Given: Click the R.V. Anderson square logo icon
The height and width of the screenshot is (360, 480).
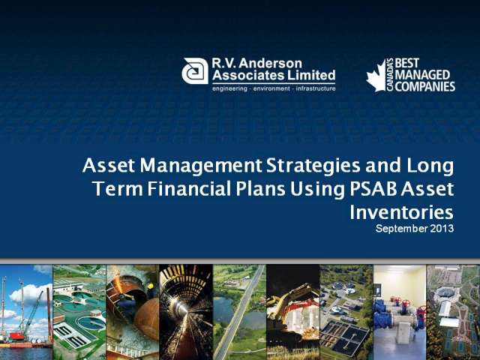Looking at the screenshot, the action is [195, 71].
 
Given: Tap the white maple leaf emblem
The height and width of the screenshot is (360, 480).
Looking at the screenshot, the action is [376, 76].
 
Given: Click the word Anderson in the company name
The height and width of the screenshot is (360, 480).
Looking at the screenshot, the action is [270, 63].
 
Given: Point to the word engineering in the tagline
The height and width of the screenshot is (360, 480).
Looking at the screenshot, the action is [230, 88].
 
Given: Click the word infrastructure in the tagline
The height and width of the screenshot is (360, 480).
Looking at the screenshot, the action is [316, 88].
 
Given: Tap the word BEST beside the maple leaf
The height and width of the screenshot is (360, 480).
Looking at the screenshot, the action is [406, 63].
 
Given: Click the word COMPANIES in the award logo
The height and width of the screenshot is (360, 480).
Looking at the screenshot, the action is [425, 87].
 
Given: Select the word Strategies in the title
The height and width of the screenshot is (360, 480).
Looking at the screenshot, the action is [313, 166].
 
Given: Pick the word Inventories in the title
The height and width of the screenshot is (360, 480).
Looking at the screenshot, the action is [401, 212].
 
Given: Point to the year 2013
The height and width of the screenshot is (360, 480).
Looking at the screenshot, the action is [442, 228].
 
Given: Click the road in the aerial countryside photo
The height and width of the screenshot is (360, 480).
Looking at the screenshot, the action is [238, 312].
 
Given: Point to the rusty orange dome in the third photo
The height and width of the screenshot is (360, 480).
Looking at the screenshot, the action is [147, 319].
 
